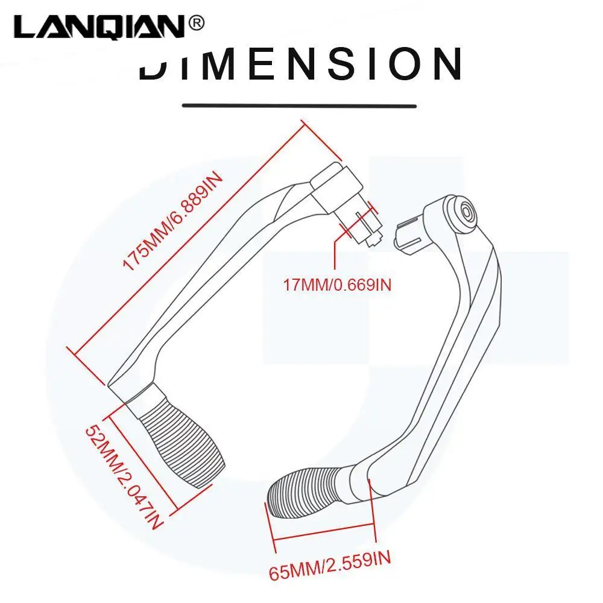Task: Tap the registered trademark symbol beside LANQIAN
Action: coord(197,24)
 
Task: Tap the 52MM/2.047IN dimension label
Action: coord(124,476)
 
